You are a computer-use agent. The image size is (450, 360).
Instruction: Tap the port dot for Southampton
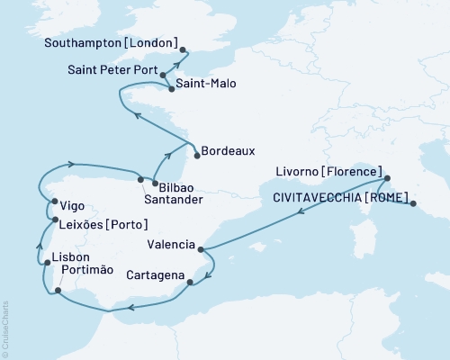pos(183,50)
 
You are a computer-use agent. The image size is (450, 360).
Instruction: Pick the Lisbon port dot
pos(46,262)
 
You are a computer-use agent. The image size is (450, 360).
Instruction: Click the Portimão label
pos(90,272)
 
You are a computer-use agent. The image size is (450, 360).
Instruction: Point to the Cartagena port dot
pos(189,283)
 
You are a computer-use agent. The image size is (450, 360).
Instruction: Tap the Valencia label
pos(172,244)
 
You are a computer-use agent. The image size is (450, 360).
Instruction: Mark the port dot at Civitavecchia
pos(413,204)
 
